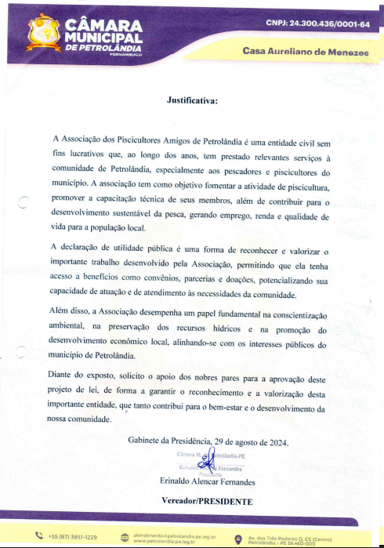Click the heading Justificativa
[192, 100]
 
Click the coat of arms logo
[44, 31]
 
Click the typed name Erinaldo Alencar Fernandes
[207, 481]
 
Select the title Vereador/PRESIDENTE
[207, 499]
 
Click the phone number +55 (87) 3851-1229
[73, 537]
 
